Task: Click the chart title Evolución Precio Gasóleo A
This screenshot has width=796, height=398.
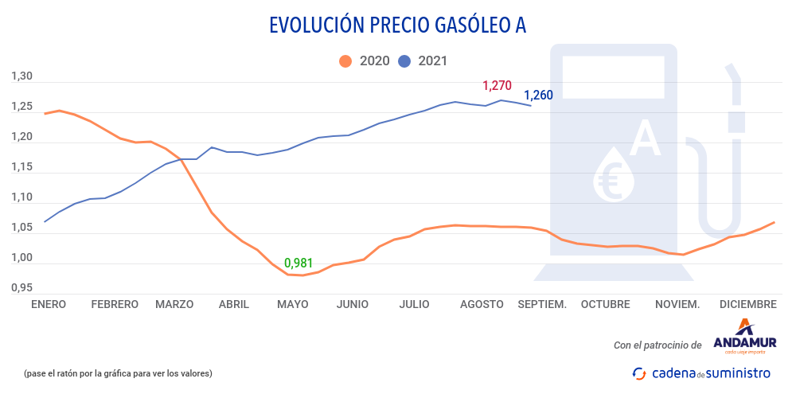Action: point(398,25)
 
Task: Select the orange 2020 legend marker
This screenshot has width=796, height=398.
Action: point(345,61)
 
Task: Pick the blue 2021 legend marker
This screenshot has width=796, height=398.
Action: point(404,61)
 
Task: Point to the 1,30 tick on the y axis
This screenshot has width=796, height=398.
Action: point(21,76)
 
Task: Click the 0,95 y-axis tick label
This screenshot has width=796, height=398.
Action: point(21,287)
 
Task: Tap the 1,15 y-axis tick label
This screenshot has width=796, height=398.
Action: point(21,167)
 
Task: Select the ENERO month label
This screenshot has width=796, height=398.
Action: point(49,304)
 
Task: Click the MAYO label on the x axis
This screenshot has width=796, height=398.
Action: point(292,304)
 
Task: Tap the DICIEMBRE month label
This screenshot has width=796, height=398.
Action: point(747,304)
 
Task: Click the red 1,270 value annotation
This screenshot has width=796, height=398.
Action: point(497,85)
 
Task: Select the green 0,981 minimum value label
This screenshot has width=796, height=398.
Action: point(298,263)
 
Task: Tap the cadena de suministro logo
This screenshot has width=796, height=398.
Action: point(701,373)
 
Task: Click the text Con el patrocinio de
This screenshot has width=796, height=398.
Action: point(657,345)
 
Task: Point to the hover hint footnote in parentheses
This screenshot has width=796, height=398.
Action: point(118,373)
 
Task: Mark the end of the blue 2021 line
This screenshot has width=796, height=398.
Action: point(531,106)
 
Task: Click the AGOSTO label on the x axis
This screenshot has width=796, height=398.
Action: point(482,304)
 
